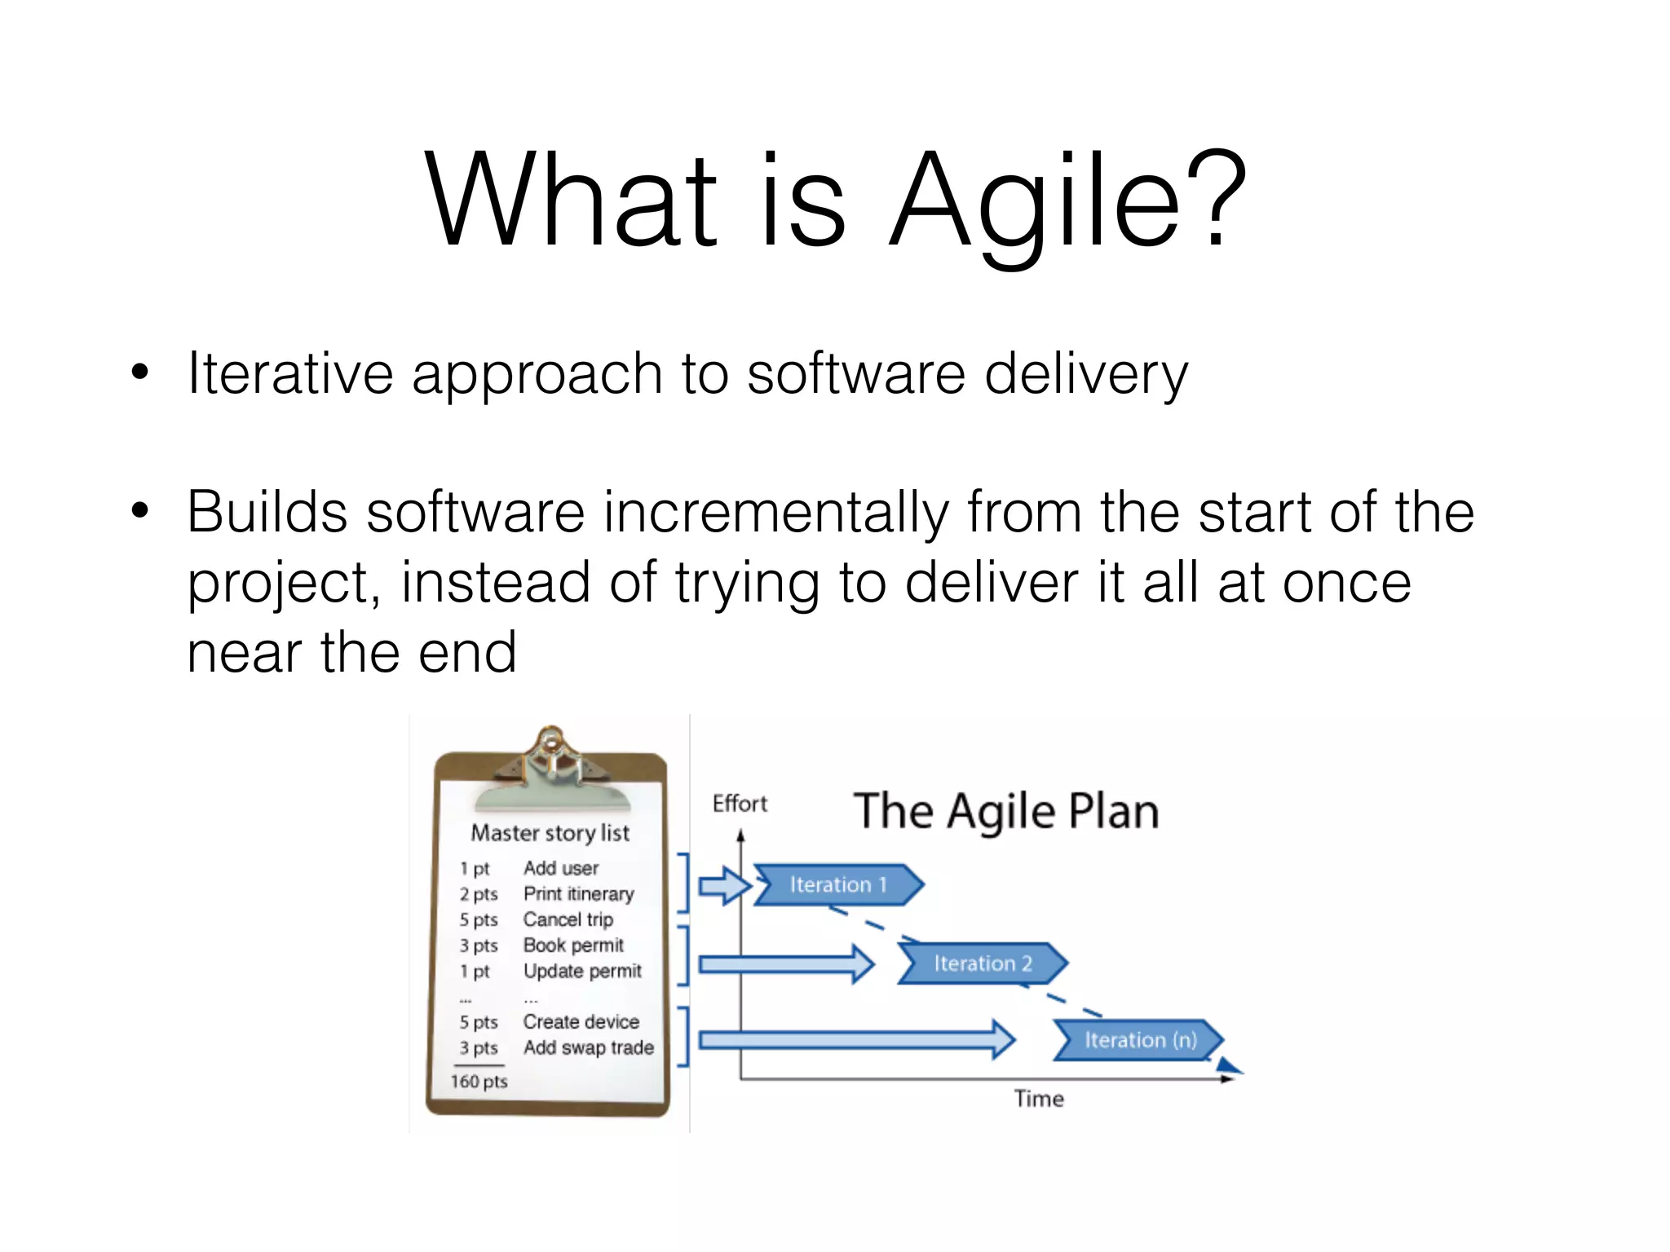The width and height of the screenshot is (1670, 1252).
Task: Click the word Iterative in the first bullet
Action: pyautogui.click(x=290, y=373)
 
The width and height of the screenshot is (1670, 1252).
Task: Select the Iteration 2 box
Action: pyautogui.click(x=983, y=963)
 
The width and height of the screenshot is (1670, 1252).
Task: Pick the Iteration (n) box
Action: pyautogui.click(x=1140, y=1040)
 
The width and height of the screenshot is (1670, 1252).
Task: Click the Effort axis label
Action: pyautogui.click(x=740, y=804)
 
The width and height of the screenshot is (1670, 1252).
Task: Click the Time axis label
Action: pyautogui.click(x=1038, y=1099)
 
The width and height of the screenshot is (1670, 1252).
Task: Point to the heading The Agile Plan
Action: pyautogui.click(x=1006, y=812)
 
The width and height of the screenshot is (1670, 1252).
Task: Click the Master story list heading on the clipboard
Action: pyautogui.click(x=550, y=833)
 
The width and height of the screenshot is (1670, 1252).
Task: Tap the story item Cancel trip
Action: pyautogui.click(x=568, y=919)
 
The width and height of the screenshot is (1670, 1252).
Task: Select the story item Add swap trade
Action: pyautogui.click(x=588, y=1047)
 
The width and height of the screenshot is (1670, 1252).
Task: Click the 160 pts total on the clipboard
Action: pyautogui.click(x=479, y=1082)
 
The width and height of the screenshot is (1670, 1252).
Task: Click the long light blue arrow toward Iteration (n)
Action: pyautogui.click(x=856, y=1039)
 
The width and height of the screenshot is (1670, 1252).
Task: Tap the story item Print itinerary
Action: pyautogui.click(x=578, y=894)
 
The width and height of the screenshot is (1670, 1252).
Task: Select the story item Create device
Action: pyautogui.click(x=581, y=1022)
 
